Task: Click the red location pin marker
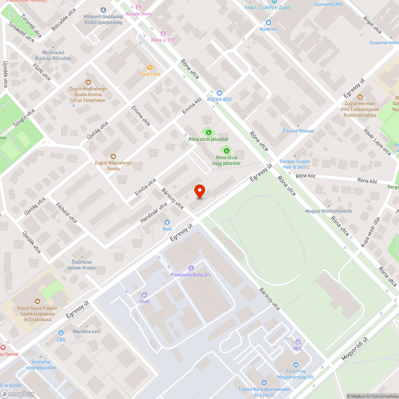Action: tap(199, 192)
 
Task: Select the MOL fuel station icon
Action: tap(298, 342)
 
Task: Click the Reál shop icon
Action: tap(167, 222)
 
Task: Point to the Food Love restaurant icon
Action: tap(150, 67)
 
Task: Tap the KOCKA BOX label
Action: tap(219, 99)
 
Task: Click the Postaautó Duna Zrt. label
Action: tap(191, 275)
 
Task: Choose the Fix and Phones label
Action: tap(298, 131)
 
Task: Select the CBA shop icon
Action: tap(61, 332)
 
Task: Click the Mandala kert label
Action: tap(87, 332)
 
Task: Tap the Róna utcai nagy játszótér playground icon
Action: tap(226, 150)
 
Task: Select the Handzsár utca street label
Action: tap(154, 213)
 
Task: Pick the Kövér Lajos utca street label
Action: tap(377, 142)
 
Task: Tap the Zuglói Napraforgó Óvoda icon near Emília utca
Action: tap(113, 156)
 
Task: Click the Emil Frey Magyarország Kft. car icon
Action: tap(296, 365)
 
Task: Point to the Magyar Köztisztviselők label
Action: tap(328, 211)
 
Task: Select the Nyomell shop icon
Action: tap(269, 22)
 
